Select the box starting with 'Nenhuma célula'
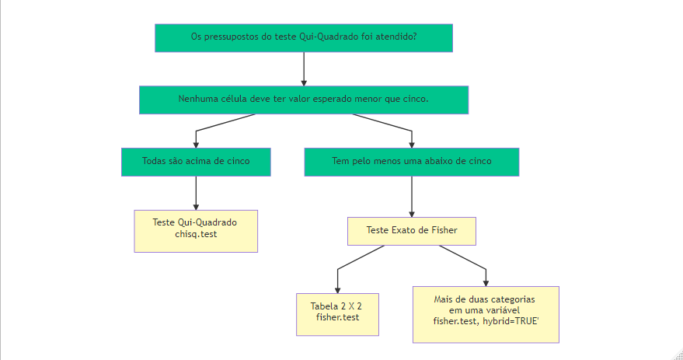coord(304,100)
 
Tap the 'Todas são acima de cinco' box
coord(196,162)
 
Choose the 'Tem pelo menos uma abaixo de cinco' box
coord(411,162)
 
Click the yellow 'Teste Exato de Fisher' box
coord(411,231)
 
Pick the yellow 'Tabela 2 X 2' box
coord(337,313)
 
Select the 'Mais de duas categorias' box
coord(486,314)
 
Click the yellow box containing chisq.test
coord(196,231)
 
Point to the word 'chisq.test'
coord(196,234)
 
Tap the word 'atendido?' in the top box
coord(397,37)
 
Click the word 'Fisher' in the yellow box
coord(442,230)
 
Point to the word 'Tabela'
coord(325,306)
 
